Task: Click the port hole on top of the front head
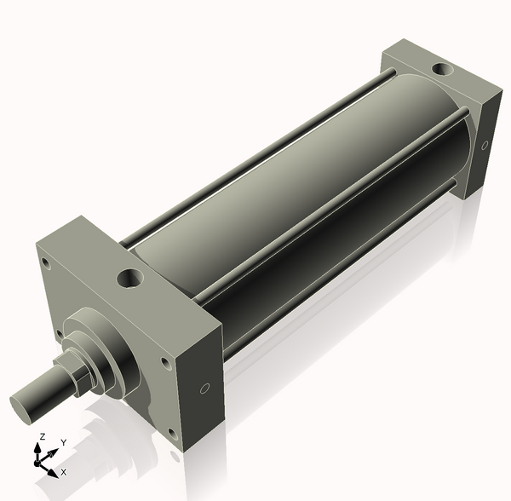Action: coord(131,278)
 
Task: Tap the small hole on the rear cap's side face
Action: coord(485,146)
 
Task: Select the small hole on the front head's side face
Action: coord(204,389)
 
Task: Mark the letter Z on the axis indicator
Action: coord(41,437)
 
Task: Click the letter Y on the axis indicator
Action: coord(63,443)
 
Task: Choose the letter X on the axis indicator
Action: coord(63,471)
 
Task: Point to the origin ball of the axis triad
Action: coord(39,461)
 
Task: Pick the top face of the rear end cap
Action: coord(426,72)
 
